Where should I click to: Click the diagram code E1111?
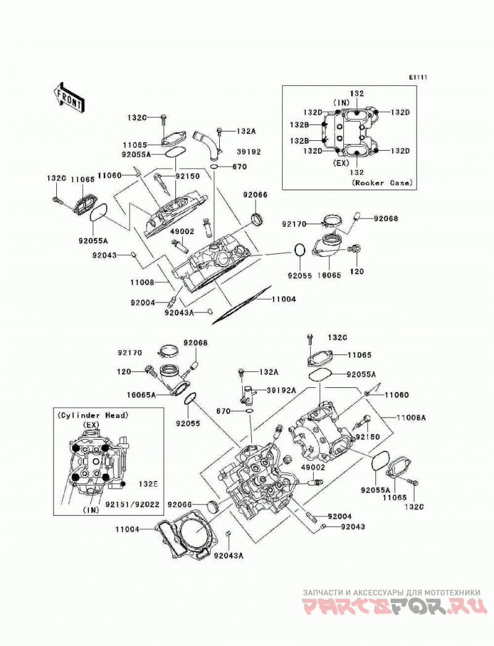(418, 77)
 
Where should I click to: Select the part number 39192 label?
(248, 151)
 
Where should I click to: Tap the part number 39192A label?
(281, 390)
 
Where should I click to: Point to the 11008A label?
(411, 417)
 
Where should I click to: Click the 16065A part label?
(141, 395)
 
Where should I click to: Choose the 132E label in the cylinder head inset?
(148, 484)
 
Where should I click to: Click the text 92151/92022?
(132, 504)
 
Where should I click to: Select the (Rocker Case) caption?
(382, 183)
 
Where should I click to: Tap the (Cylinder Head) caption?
(93, 415)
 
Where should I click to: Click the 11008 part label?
(142, 282)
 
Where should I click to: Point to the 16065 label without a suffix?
(329, 275)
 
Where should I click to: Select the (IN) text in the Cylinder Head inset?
(91, 510)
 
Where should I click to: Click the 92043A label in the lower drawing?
(228, 556)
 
